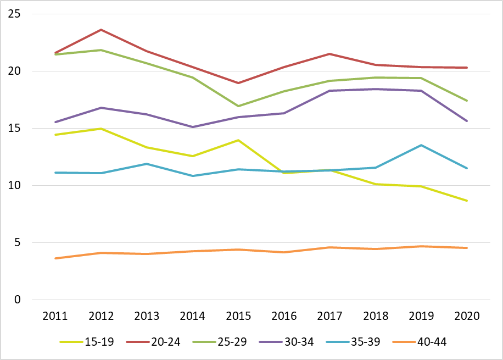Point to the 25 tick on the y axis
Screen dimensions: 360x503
[x=14, y=14]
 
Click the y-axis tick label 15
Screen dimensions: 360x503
[x=14, y=129]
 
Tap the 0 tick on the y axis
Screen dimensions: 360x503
[x=18, y=300]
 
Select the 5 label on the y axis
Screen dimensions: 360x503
[x=18, y=243]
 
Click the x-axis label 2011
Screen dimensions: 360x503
[x=55, y=316]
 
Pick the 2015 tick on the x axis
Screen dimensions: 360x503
[x=238, y=316]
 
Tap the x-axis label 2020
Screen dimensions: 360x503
[x=467, y=316]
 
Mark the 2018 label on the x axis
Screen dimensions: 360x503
[x=376, y=316]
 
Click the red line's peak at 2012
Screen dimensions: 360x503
[x=101, y=30]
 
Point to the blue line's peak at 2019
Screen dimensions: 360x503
[x=421, y=145]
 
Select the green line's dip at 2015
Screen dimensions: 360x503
[x=238, y=106]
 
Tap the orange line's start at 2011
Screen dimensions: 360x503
[x=55, y=258]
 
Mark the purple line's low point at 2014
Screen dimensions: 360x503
[x=193, y=127]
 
